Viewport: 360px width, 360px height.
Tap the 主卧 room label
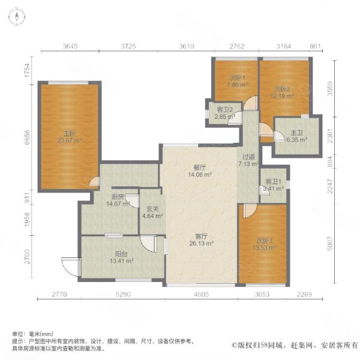coord(70,133)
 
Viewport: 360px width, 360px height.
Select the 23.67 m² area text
coord(70,141)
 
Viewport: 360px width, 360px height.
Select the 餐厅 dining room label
coord(200,167)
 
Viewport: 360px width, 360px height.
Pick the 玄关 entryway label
coord(152,209)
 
